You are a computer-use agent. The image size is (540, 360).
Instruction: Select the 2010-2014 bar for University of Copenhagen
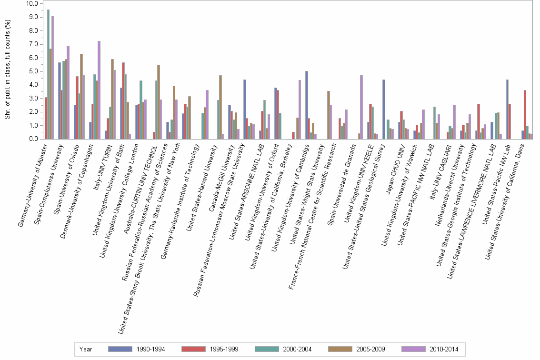(x=99, y=90)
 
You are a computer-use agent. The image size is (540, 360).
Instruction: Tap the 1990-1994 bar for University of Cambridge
(x=307, y=105)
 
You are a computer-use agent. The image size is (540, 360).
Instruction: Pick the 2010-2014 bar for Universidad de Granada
(x=361, y=107)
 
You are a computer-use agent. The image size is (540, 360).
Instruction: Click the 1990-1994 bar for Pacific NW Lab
(x=507, y=109)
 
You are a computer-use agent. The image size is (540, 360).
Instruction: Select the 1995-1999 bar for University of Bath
(x=123, y=100)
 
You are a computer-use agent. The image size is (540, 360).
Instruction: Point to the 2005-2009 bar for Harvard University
(x=220, y=107)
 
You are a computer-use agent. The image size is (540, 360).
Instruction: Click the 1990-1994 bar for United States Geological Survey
(x=384, y=109)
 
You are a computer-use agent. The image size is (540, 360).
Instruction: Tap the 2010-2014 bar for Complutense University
(x=68, y=92)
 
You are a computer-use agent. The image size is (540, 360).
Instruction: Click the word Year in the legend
(x=86, y=349)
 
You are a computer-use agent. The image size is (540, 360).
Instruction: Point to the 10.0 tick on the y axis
(x=32, y=3)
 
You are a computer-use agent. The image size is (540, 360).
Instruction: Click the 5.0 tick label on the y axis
(x=32, y=71)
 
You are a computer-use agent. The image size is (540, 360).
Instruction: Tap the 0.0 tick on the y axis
(x=32, y=139)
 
